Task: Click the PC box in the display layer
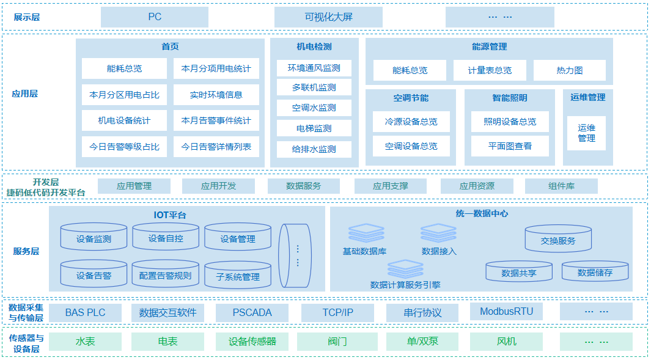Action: click(155, 17)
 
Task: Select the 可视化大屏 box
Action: click(328, 17)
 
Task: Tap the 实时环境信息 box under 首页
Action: click(216, 95)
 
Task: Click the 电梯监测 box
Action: click(314, 128)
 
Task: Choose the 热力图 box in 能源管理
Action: click(569, 70)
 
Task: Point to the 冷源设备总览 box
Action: click(411, 122)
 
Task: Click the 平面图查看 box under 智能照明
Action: click(510, 146)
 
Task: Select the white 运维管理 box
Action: click(586, 133)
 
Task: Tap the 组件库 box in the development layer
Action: click(561, 186)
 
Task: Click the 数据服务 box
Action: click(303, 186)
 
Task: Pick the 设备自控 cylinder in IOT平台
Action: click(166, 237)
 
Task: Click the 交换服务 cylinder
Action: click(558, 239)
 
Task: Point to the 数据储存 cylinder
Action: click(595, 271)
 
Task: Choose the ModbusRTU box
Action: click(506, 312)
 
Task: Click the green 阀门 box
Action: click(337, 341)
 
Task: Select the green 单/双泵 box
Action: click(422, 341)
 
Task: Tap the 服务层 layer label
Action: click(26, 251)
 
